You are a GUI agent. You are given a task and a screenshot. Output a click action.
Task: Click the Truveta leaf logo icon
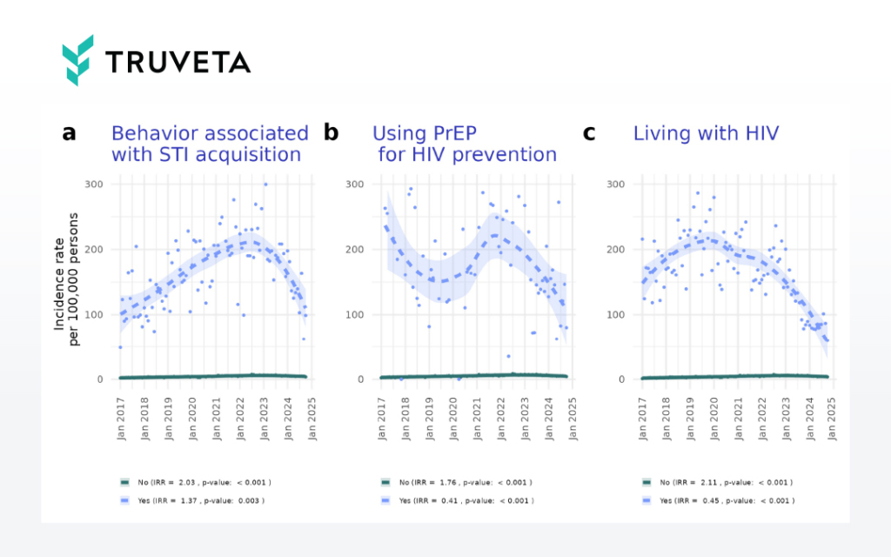(x=77, y=60)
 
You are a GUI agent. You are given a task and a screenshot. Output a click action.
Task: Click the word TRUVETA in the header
(x=178, y=62)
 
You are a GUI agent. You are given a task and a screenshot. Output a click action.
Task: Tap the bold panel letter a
(x=69, y=133)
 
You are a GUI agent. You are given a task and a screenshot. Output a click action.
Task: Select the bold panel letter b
(x=331, y=133)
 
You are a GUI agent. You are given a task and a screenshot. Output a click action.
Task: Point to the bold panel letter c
(x=589, y=133)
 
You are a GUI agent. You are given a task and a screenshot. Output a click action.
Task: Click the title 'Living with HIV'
(x=706, y=133)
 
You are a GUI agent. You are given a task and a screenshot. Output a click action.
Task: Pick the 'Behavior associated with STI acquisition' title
(x=209, y=144)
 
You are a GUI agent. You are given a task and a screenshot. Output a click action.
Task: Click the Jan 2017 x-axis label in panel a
(x=121, y=415)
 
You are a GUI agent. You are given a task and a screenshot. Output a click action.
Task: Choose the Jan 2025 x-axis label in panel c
(x=830, y=415)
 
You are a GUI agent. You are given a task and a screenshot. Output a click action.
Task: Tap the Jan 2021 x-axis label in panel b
(x=476, y=415)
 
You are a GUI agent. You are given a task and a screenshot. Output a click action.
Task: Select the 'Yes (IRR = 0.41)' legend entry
(x=456, y=500)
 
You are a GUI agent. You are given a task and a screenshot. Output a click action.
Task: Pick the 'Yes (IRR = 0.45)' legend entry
(x=717, y=500)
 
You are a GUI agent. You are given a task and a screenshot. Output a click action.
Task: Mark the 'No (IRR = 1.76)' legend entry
(x=456, y=481)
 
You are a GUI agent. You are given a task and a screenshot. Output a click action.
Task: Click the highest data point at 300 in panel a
(x=265, y=185)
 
